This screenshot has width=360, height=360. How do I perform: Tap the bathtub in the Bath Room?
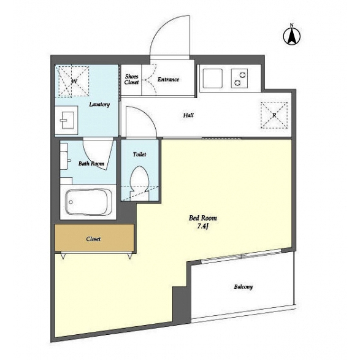click(x=89, y=202)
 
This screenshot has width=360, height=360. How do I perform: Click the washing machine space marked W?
click(x=74, y=81)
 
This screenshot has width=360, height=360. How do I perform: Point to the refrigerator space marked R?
click(x=274, y=115)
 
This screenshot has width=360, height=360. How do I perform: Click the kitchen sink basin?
click(x=213, y=79)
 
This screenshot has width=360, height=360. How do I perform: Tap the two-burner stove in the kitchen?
click(x=239, y=79)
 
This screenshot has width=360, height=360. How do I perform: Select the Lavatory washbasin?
click(x=67, y=120)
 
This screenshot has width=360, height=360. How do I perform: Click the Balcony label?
click(x=243, y=287)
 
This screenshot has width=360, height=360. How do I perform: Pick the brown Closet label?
click(x=93, y=239)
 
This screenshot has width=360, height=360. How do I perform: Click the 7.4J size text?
click(x=202, y=226)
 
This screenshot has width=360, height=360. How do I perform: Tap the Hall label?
click(x=188, y=115)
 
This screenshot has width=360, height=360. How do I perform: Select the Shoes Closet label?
click(x=132, y=79)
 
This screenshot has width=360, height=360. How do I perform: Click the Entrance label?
click(x=168, y=80)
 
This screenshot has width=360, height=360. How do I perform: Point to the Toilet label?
click(x=139, y=155)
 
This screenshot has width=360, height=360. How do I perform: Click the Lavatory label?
click(x=99, y=104)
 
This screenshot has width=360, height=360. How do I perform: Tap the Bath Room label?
click(x=91, y=164)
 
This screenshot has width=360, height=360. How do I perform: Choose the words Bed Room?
click(x=203, y=218)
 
